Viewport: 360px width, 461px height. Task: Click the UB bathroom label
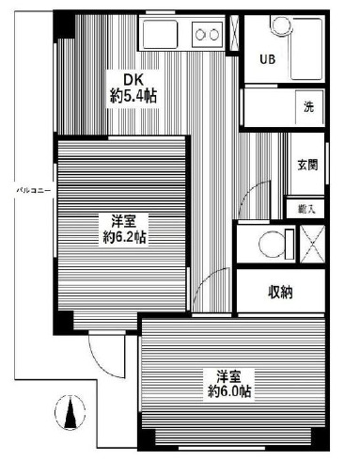click(x=266, y=58)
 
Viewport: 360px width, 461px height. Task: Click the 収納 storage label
click(x=279, y=293)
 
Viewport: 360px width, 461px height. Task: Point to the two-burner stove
click(x=206, y=36)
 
